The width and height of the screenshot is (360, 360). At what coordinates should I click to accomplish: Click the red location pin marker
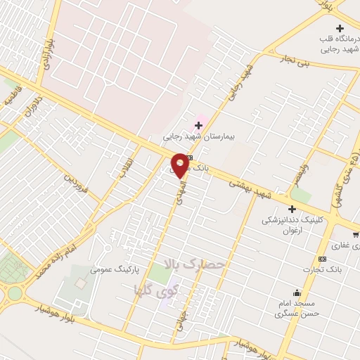coord(180,165)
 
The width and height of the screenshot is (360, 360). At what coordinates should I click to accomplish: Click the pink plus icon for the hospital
coord(199,125)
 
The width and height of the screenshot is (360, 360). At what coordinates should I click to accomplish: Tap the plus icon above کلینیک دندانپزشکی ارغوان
coord(292,208)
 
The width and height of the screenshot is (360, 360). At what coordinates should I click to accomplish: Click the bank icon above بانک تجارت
coord(322,257)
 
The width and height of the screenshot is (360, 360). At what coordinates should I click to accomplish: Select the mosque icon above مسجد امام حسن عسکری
coord(297,292)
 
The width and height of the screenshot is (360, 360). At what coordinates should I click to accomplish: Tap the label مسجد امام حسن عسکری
coord(297,308)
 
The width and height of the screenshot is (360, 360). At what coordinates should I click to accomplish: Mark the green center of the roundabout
coord(15,292)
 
